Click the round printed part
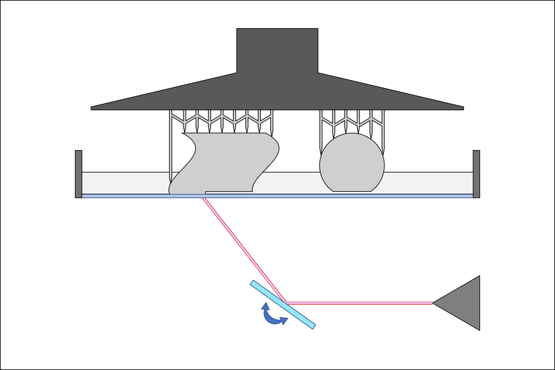pyautogui.click(x=352, y=163)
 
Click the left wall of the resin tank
pyautogui.click(x=78, y=174)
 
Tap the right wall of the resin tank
pyautogui.click(x=476, y=174)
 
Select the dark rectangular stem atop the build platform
pyautogui.click(x=277, y=51)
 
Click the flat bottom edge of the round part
pyautogui.click(x=352, y=191)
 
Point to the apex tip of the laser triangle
pyautogui.click(x=433, y=303)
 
